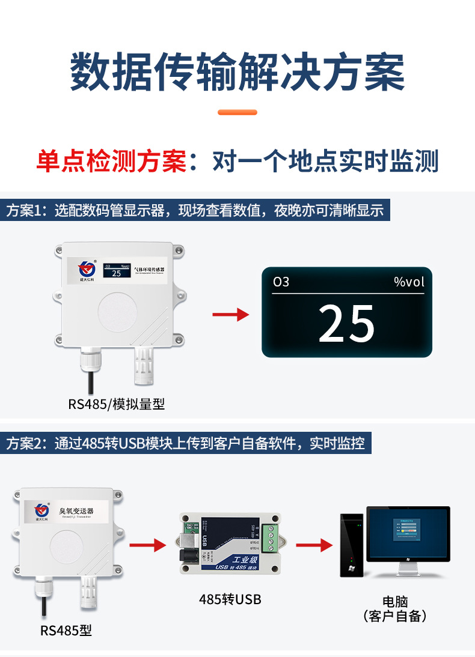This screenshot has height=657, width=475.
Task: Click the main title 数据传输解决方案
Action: (x=237, y=72)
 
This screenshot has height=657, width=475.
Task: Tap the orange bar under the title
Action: (x=237, y=112)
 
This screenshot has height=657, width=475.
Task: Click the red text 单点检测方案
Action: (x=111, y=162)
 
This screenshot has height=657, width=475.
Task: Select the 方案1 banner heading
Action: (x=195, y=211)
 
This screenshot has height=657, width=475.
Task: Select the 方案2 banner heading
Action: (x=186, y=444)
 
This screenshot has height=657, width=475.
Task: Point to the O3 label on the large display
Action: (x=281, y=282)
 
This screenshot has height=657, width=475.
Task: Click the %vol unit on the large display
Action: (x=409, y=282)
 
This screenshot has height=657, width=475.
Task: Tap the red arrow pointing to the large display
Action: (x=231, y=314)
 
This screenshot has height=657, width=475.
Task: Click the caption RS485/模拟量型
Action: (x=116, y=404)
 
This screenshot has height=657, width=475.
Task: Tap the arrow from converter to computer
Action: (x=314, y=545)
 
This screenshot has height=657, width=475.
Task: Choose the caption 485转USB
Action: (x=230, y=599)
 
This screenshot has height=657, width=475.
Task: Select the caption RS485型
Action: (x=66, y=631)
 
